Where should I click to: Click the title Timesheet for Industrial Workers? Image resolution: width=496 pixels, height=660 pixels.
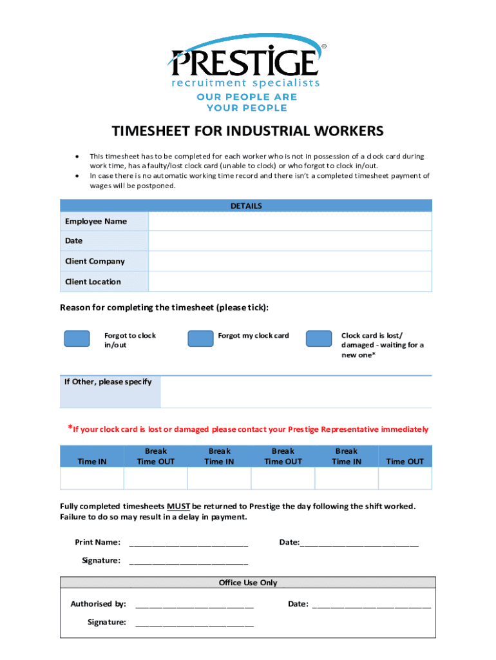(247, 131)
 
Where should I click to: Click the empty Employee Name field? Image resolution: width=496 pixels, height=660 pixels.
(290, 221)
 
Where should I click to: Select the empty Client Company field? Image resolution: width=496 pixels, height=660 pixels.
(290, 261)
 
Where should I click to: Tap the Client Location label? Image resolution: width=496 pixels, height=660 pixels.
(93, 282)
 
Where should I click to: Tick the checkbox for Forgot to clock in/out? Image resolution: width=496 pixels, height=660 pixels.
(77, 339)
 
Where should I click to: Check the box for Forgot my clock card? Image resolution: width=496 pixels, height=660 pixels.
(200, 339)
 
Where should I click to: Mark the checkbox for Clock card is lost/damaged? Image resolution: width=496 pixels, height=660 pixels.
(318, 339)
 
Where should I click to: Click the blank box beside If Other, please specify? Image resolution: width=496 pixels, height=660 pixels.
(296, 392)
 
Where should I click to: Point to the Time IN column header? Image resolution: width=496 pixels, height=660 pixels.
(92, 461)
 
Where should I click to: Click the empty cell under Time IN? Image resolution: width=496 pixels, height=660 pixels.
(92, 479)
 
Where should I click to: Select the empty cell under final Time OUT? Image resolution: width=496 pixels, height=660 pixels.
(405, 479)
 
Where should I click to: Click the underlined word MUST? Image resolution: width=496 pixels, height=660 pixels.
(178, 506)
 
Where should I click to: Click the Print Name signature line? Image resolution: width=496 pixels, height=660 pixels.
(189, 543)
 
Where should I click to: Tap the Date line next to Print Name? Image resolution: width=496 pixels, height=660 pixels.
(359, 543)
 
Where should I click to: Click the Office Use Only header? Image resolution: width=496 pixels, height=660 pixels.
(247, 583)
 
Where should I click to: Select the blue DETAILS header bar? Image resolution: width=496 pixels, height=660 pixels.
(246, 206)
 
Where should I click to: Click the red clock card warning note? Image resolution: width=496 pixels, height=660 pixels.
(248, 429)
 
